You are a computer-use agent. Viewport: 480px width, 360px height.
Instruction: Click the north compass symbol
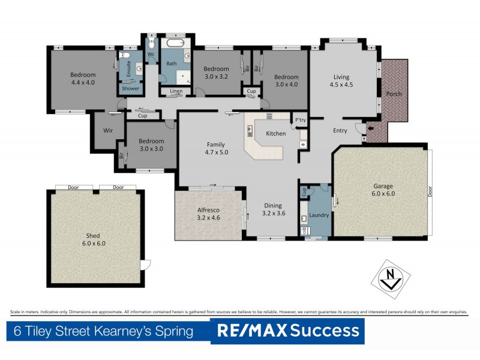pyautogui.click(x=391, y=278)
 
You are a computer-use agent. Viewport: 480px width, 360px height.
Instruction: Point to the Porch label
pyautogui.click(x=394, y=94)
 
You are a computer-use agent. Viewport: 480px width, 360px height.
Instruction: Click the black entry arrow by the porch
pyautogui.click(x=370, y=127)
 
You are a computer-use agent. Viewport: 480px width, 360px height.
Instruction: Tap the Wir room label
pyautogui.click(x=109, y=130)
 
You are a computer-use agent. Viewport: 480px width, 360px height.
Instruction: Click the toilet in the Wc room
pyautogui.click(x=151, y=44)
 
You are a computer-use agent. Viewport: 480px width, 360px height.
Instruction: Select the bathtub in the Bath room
pyautogui.click(x=177, y=44)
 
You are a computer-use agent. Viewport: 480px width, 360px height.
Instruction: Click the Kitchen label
pyautogui.click(x=276, y=133)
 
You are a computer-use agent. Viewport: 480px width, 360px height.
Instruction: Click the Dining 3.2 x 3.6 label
pyautogui.click(x=272, y=209)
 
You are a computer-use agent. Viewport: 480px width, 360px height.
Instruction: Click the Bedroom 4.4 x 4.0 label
pyautogui.click(x=83, y=79)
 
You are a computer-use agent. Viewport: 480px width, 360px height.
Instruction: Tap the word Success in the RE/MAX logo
pyautogui.click(x=325, y=331)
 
